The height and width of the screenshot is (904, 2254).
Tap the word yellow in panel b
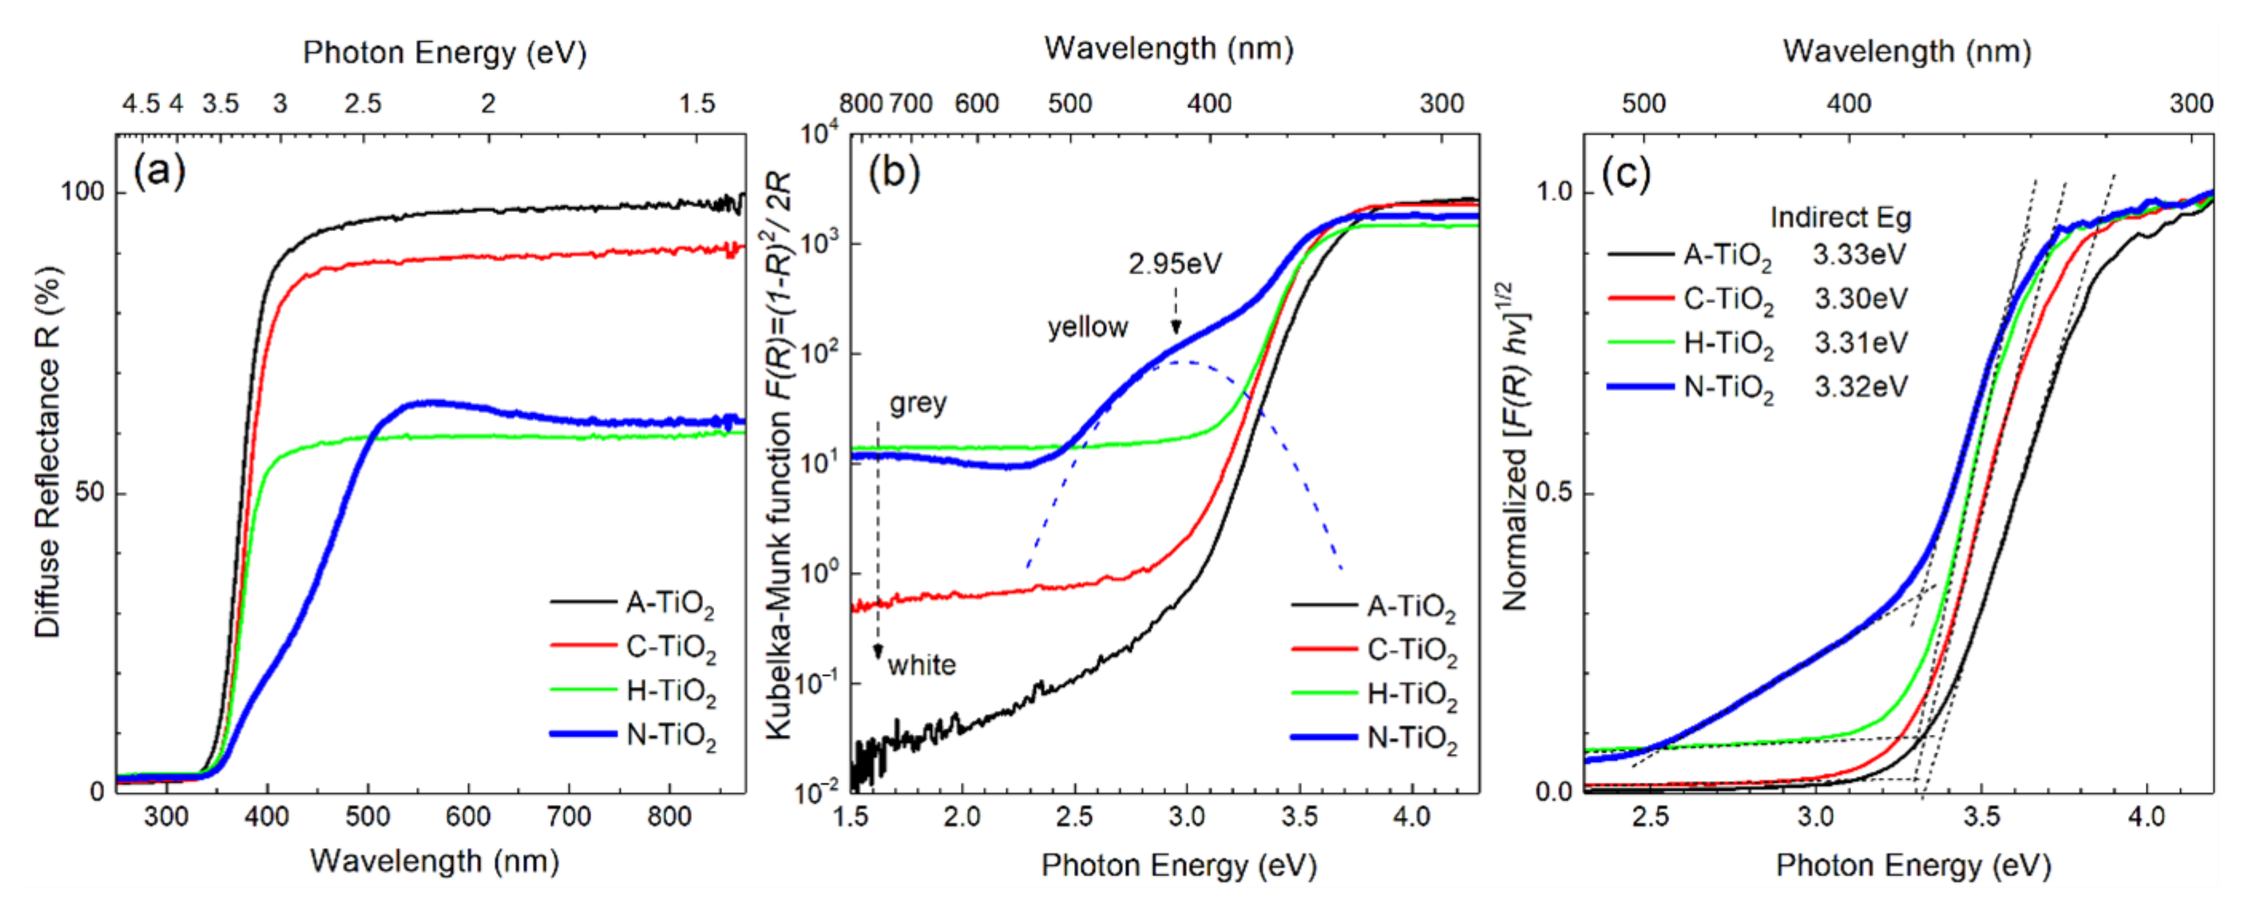tap(1088, 328)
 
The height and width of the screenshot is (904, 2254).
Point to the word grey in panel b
tap(918, 404)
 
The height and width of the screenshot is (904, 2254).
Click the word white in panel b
tap(921, 665)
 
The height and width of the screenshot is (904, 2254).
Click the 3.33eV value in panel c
tap(1859, 254)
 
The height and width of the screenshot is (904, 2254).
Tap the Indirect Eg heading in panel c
tap(1840, 217)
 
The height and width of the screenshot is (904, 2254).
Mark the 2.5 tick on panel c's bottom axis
tap(1650, 816)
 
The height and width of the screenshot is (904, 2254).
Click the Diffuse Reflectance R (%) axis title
tap(47, 453)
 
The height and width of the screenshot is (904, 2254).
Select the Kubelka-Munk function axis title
tap(779, 455)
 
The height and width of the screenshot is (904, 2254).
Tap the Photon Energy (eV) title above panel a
tap(445, 52)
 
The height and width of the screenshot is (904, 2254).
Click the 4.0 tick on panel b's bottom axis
tap(1410, 816)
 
